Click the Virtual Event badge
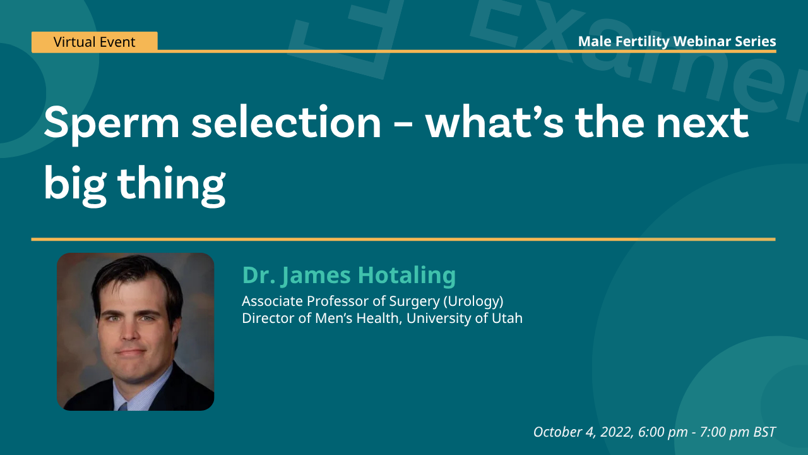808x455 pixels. click(95, 42)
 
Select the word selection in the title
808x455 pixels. click(287, 123)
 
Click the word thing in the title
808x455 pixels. click(172, 184)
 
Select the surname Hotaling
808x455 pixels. click(407, 276)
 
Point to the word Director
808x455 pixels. click(268, 318)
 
